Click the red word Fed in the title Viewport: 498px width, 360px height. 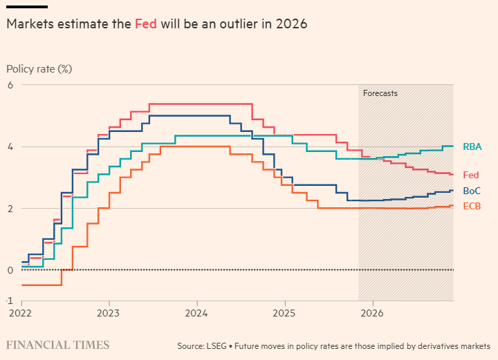point(146,23)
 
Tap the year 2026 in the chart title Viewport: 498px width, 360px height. point(292,23)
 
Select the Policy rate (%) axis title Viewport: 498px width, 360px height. point(39,69)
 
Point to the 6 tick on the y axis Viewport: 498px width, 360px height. point(10,85)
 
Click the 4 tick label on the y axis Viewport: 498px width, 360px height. point(10,146)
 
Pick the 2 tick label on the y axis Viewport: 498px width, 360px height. point(10,208)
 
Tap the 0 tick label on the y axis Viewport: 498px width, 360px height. point(10,269)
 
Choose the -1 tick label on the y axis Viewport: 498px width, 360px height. point(10,301)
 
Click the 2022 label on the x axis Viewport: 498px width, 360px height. point(21,314)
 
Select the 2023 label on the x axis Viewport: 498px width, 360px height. point(109,314)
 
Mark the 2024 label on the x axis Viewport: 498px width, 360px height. point(197,314)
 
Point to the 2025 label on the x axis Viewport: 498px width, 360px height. point(284,314)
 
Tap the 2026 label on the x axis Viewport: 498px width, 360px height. point(372,314)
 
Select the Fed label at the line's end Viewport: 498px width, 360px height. point(470,176)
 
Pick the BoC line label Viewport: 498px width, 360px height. point(471,191)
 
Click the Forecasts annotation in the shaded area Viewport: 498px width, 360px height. point(380,93)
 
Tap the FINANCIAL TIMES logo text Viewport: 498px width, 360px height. point(57,345)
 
